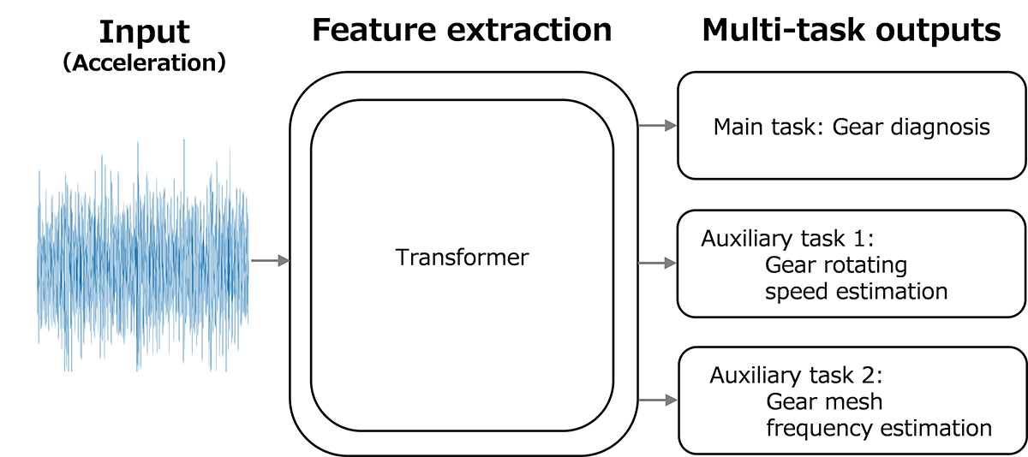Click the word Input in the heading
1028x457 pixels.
tap(143, 32)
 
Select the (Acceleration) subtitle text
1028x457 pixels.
tap(145, 64)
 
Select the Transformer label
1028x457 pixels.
tap(462, 257)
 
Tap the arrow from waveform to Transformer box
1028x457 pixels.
tap(270, 260)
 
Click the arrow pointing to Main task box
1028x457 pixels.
tap(657, 126)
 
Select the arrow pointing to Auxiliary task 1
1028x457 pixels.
tap(657, 264)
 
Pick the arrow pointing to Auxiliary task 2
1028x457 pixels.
tap(657, 400)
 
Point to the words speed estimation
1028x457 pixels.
tap(856, 291)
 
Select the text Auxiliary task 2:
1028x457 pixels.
tap(795, 376)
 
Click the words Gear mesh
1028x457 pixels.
tap(824, 401)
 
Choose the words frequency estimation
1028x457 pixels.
tap(878, 427)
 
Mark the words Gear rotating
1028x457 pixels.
tap(835, 264)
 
